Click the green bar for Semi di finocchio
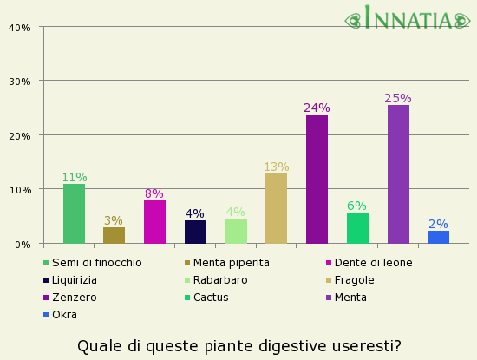click(74, 213)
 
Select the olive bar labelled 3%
click(114, 235)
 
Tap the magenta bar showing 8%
click(154, 222)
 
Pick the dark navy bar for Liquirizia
click(195, 232)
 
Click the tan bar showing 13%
click(276, 208)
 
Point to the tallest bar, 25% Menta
click(398, 174)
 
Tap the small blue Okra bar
click(438, 237)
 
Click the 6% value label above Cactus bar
click(357, 206)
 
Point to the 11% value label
click(74, 177)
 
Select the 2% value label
click(438, 224)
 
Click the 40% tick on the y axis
click(19, 27)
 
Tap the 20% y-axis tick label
click(19, 135)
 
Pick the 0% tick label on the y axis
click(23, 244)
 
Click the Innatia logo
click(408, 18)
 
